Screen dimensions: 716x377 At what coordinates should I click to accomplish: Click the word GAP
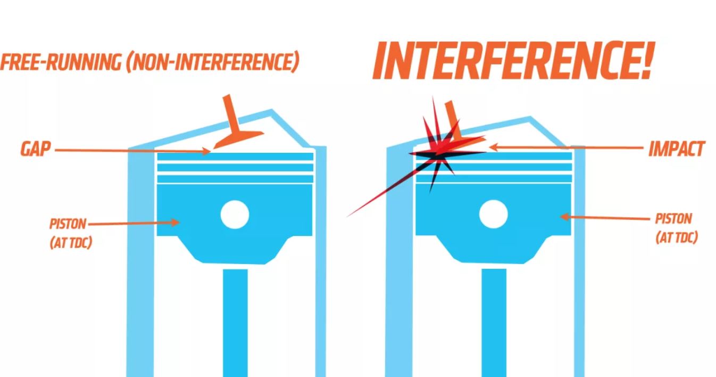36,149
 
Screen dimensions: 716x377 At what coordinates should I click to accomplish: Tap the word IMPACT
676,149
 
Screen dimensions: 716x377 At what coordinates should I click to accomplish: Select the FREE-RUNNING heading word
61,62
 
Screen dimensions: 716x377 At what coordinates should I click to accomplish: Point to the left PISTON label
68,224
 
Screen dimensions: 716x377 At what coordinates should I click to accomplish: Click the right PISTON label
673,219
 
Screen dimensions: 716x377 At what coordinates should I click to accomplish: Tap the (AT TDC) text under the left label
71,243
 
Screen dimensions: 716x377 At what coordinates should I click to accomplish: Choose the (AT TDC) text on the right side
677,238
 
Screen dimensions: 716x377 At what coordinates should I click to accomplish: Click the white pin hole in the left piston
235,215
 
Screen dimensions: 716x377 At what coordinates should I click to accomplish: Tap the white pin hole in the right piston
494,214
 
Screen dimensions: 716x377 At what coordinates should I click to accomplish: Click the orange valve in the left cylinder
237,128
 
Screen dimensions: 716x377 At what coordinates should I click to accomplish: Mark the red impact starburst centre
437,153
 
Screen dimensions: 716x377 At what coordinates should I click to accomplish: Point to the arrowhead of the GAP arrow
206,151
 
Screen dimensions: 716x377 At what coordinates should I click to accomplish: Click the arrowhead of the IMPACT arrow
494,147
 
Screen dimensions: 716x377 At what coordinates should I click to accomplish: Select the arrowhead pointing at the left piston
175,223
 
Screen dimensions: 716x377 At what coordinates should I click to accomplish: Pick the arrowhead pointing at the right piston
565,217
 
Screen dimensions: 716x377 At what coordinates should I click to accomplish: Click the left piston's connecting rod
235,323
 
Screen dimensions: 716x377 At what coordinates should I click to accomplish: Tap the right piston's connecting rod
494,323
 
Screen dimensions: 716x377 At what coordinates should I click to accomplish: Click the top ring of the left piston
235,157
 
